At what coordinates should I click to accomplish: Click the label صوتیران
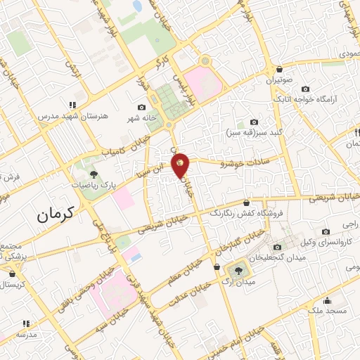click(279, 80)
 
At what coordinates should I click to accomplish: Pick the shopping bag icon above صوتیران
click(280, 70)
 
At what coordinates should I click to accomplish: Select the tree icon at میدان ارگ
click(238, 268)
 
